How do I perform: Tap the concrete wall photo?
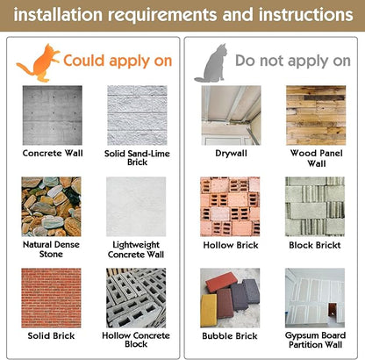pos(53,115)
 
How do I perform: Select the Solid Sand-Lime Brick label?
pos(137,158)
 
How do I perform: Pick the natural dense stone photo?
pos(51,206)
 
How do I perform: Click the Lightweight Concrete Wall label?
pos(136,249)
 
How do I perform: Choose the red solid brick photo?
pos(51,298)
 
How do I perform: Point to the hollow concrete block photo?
pos(136,298)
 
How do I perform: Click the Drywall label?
pos(231,154)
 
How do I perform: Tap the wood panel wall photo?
pos(316,115)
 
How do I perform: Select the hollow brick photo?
pos(230,206)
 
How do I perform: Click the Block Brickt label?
pos(315,245)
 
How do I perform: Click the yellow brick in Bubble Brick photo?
pos(209,310)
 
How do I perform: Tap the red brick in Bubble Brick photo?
pos(221,281)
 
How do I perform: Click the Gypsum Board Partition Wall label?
pos(315,340)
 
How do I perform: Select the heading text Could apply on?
pos(118,61)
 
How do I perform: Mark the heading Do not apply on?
pos(293,61)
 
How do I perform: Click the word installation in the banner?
pos(58,15)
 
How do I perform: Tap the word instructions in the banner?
pos(305,15)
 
